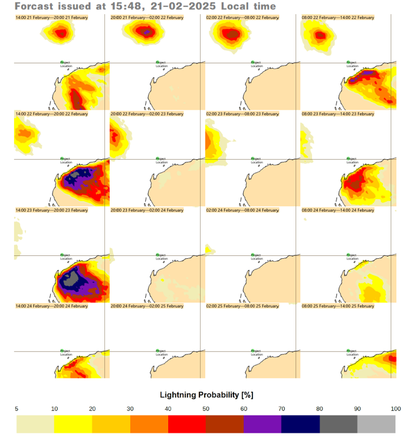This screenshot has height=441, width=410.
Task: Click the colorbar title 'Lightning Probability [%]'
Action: coord(206,394)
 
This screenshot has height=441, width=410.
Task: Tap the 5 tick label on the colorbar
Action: coord(17,409)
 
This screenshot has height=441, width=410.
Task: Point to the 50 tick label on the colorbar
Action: coord(206,409)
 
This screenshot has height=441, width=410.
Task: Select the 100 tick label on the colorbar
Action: coord(395,409)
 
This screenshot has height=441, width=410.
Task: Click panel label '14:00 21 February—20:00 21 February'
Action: coord(51,18)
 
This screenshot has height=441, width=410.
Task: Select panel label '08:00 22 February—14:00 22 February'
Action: coord(337,18)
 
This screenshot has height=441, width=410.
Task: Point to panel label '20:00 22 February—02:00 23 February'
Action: coord(147,114)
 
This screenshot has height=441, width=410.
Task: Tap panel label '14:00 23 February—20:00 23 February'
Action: coord(51,210)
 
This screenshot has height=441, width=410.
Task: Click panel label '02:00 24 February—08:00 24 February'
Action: coord(242,210)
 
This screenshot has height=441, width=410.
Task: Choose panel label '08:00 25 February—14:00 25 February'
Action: coord(337,306)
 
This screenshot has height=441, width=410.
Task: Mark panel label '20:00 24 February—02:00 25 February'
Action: coord(147,306)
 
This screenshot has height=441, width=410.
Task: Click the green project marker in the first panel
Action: coord(61,61)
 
